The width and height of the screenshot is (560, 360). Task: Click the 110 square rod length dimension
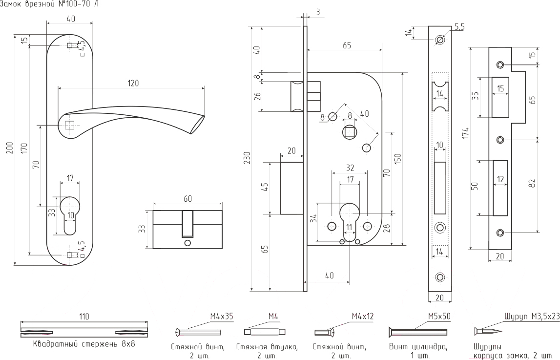pos(83,317)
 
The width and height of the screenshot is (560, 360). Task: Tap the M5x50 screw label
pos(439,317)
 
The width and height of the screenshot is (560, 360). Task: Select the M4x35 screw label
pos(222,317)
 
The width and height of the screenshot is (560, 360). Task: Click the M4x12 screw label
pos(362,317)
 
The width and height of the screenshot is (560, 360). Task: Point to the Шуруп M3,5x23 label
pos(532,317)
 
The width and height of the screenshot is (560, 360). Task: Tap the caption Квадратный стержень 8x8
pos(83,344)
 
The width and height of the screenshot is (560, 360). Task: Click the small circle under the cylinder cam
pos(187,243)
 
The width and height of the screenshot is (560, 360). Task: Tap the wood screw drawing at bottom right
pos(488,332)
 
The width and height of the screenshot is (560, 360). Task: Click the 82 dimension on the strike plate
pos(532,183)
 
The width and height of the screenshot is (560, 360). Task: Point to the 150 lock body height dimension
pos(398,159)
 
